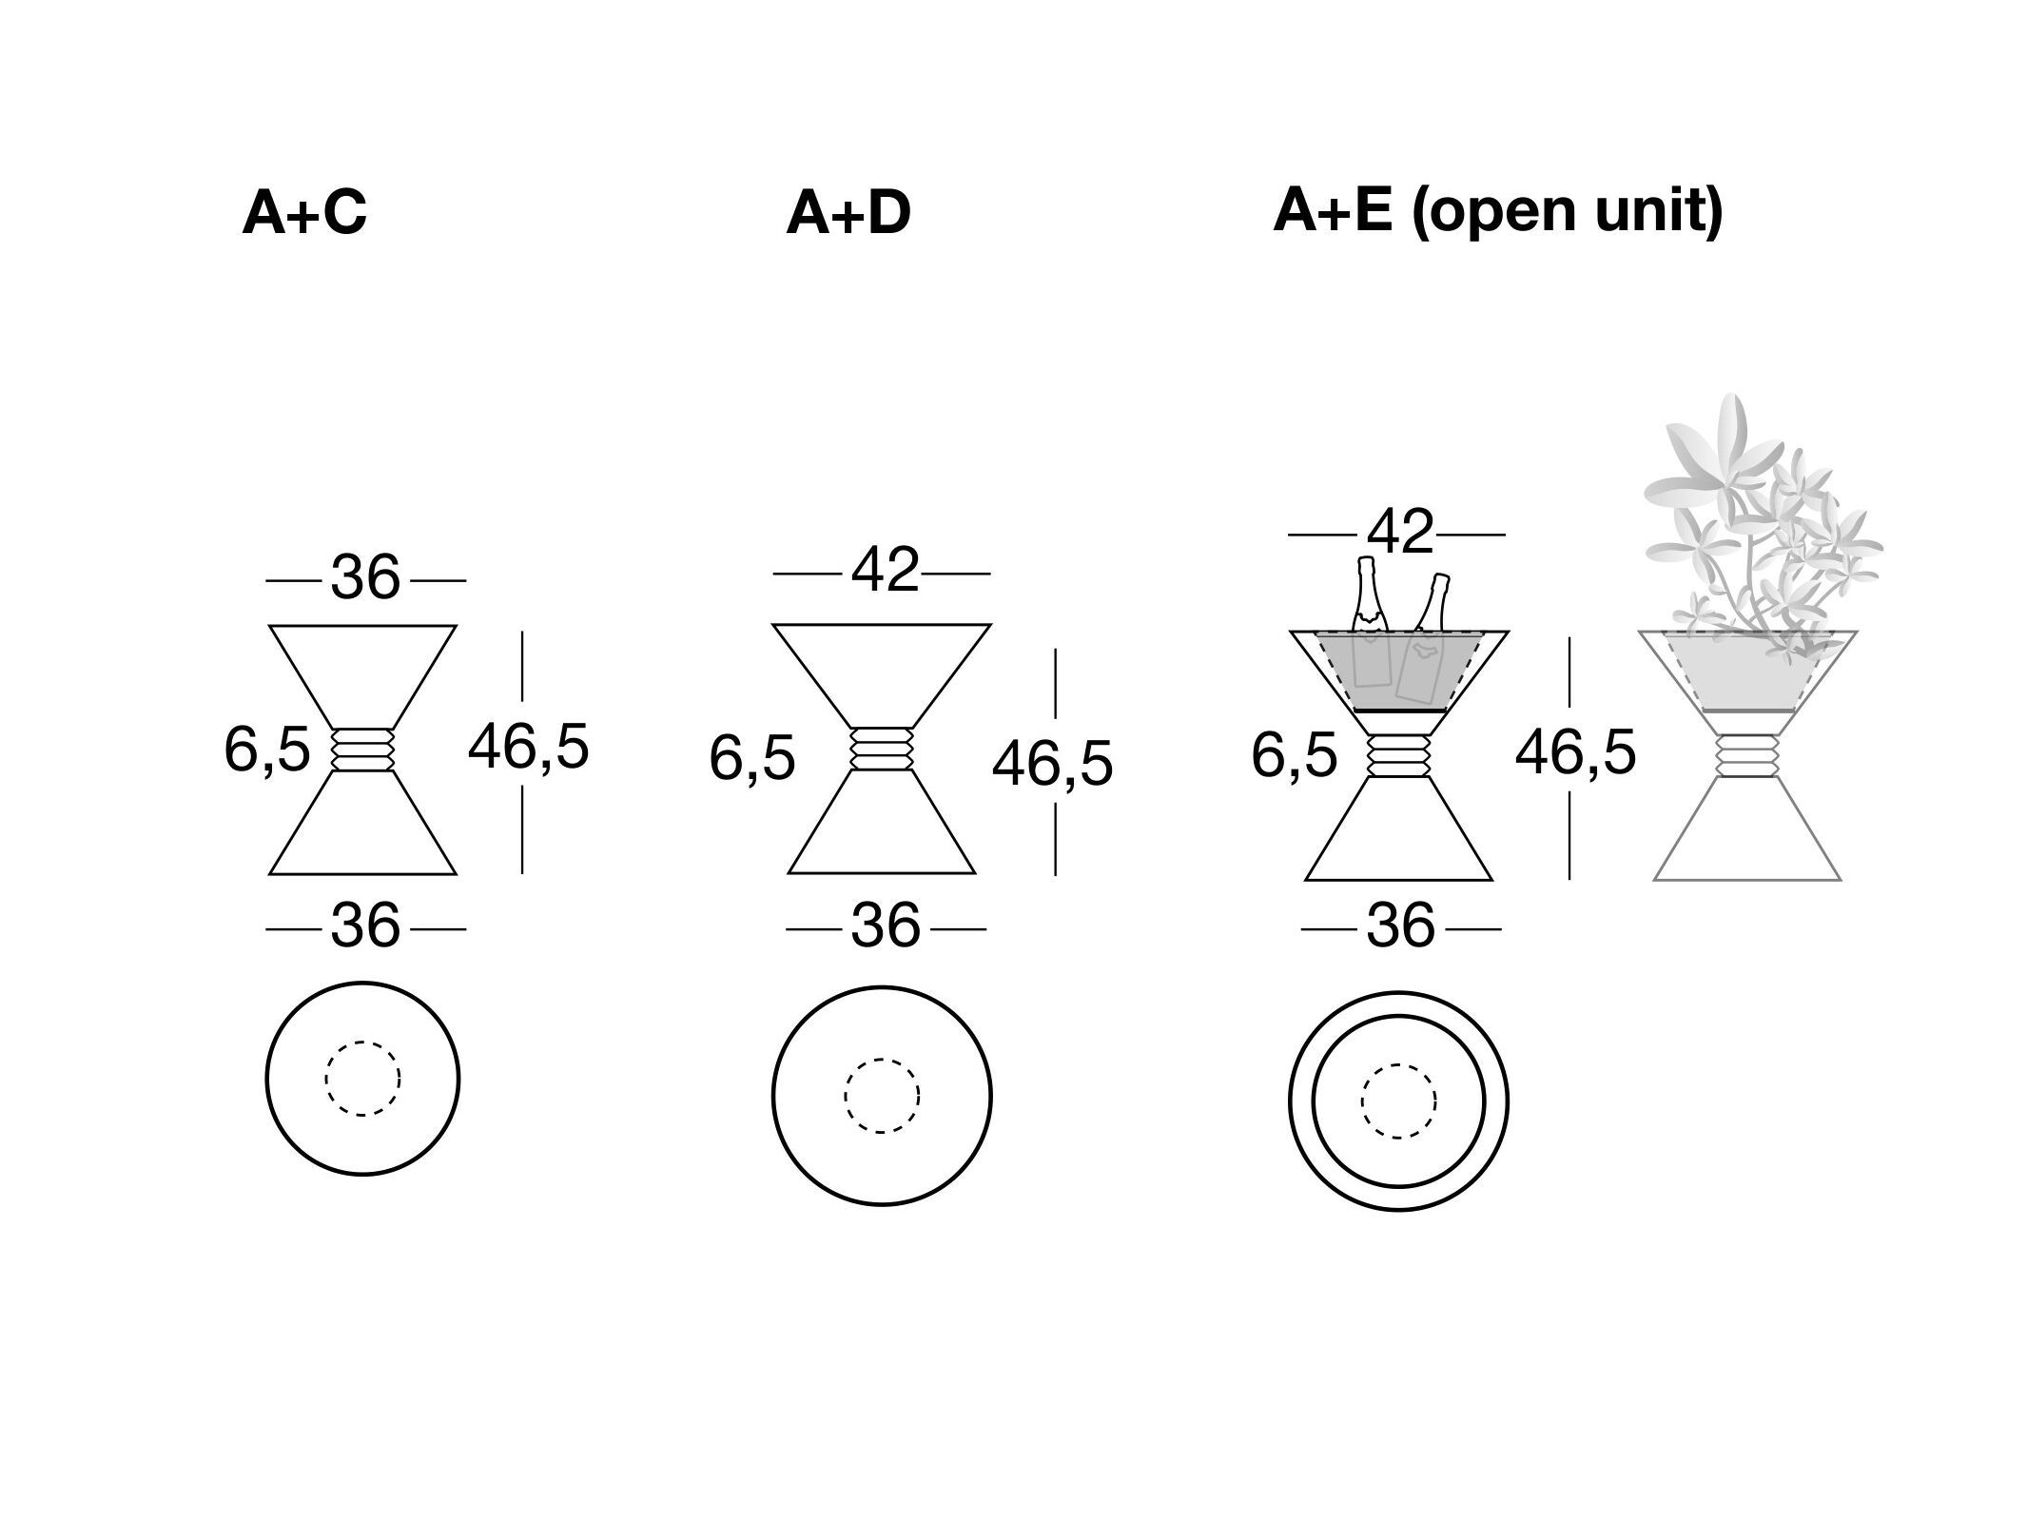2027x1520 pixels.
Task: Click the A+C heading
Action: [x=304, y=212]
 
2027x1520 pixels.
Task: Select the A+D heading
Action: [x=848, y=212]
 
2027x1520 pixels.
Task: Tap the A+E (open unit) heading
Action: [x=1498, y=212]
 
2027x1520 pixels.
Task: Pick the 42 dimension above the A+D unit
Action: [x=886, y=571]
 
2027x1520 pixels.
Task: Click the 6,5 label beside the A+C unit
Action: [x=267, y=749]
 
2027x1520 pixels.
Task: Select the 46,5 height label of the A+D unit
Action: [x=1052, y=764]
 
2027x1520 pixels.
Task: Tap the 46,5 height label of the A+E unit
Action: [x=1575, y=752]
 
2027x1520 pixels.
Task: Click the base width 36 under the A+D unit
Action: [x=886, y=926]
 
